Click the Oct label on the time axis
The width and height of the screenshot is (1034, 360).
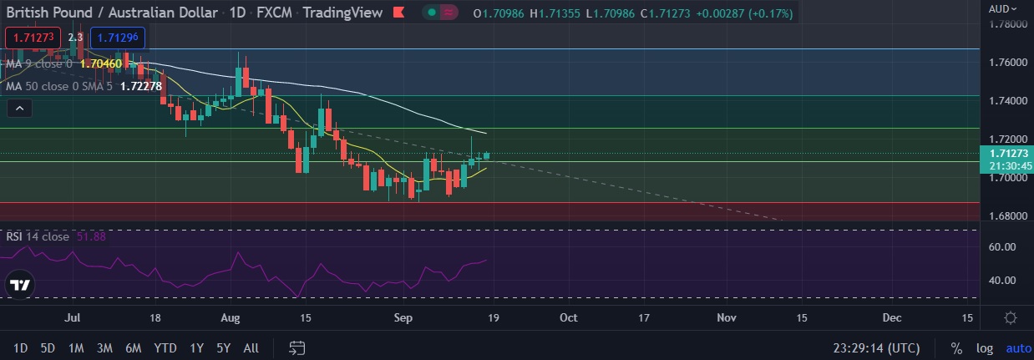pos(569,318)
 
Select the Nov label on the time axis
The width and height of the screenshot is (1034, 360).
pos(727,318)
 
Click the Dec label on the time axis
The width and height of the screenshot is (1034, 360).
pos(892,318)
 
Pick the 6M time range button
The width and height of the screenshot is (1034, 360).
pos(132,348)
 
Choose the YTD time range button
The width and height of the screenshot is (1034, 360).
pos(165,348)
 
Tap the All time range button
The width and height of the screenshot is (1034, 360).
pos(251,348)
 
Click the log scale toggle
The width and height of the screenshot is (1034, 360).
pos(986,348)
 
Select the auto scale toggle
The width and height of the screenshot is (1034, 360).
pos(1018,348)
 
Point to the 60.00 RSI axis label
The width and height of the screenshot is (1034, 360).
pos(1002,247)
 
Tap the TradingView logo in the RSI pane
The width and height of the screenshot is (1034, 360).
pos(20,284)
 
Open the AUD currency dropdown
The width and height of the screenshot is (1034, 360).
pos(1003,8)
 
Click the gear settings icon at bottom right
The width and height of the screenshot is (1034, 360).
pos(1011,318)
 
